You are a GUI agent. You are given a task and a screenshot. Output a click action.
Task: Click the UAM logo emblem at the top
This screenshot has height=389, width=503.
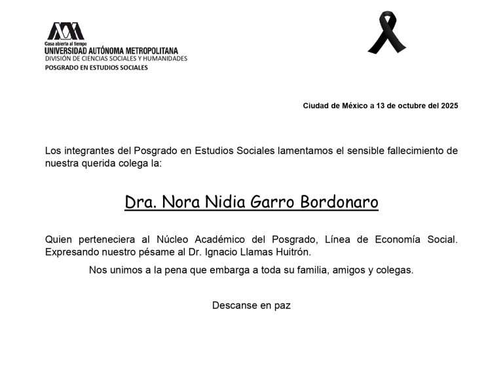point(65,31)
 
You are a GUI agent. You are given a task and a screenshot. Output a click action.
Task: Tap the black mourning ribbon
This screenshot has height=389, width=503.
point(386,32)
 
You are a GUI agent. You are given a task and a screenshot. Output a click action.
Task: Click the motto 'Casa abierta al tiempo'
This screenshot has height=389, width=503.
point(65,43)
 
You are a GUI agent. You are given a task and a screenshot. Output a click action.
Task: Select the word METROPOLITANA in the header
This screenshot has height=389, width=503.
point(145,51)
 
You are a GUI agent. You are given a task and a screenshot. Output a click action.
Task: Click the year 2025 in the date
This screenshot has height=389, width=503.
point(449,106)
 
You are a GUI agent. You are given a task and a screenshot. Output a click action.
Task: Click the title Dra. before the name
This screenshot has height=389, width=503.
point(139,202)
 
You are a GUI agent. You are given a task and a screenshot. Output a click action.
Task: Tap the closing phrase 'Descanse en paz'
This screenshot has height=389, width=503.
point(251,305)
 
